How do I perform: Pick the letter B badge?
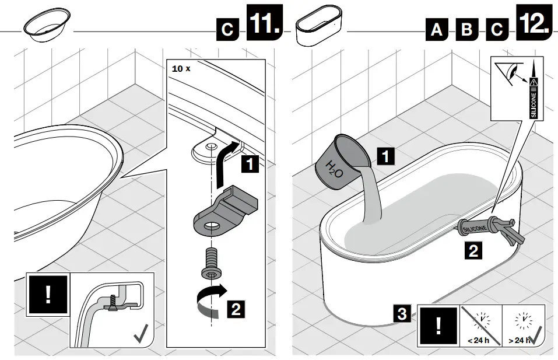(466, 29)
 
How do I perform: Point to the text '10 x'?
(181, 68)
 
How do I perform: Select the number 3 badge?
(402, 314)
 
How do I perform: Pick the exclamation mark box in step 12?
(437, 327)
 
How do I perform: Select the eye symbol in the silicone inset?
(511, 74)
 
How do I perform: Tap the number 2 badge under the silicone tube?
(473, 252)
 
